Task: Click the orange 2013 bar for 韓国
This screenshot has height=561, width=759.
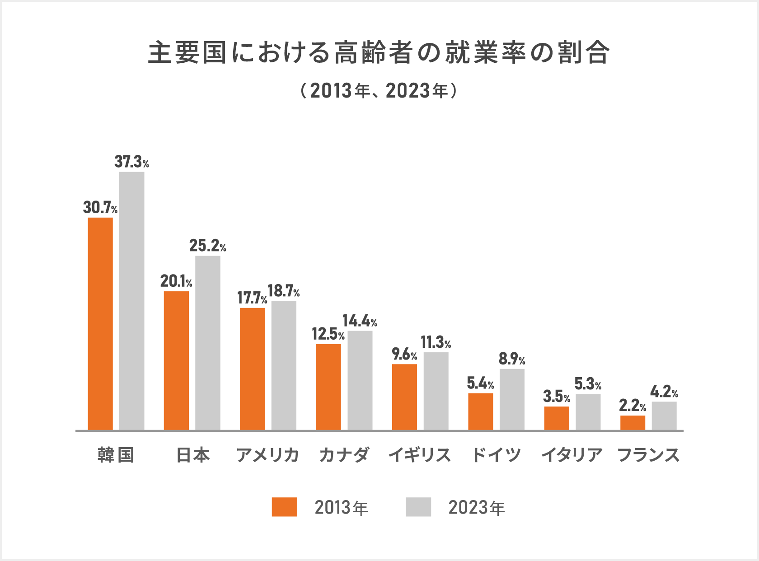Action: click(x=100, y=323)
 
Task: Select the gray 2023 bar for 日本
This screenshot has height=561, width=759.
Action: click(x=208, y=343)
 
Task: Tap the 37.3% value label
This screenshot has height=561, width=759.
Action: click(x=131, y=162)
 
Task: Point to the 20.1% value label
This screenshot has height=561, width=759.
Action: click(x=176, y=281)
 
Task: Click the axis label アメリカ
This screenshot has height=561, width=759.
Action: click(x=267, y=455)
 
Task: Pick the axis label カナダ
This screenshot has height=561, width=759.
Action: click(x=344, y=455)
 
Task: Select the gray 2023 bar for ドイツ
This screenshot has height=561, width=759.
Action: click(x=512, y=399)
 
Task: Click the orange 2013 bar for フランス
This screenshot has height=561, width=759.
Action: click(x=632, y=422)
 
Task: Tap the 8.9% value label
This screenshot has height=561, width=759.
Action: click(x=512, y=359)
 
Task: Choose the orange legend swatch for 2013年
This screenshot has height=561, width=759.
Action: click(x=284, y=507)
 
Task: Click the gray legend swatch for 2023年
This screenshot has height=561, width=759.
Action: click(x=418, y=507)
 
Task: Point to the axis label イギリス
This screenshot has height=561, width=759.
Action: click(x=420, y=455)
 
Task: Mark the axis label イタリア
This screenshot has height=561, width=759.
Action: click(x=572, y=455)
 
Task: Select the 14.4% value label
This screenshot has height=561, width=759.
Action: click(x=360, y=321)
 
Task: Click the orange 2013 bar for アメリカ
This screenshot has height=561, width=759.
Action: click(x=252, y=369)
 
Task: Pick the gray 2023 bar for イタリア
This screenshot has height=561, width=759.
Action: click(x=588, y=411)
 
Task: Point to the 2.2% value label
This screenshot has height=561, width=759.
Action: click(x=632, y=406)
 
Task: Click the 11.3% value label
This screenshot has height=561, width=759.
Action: click(x=436, y=343)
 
